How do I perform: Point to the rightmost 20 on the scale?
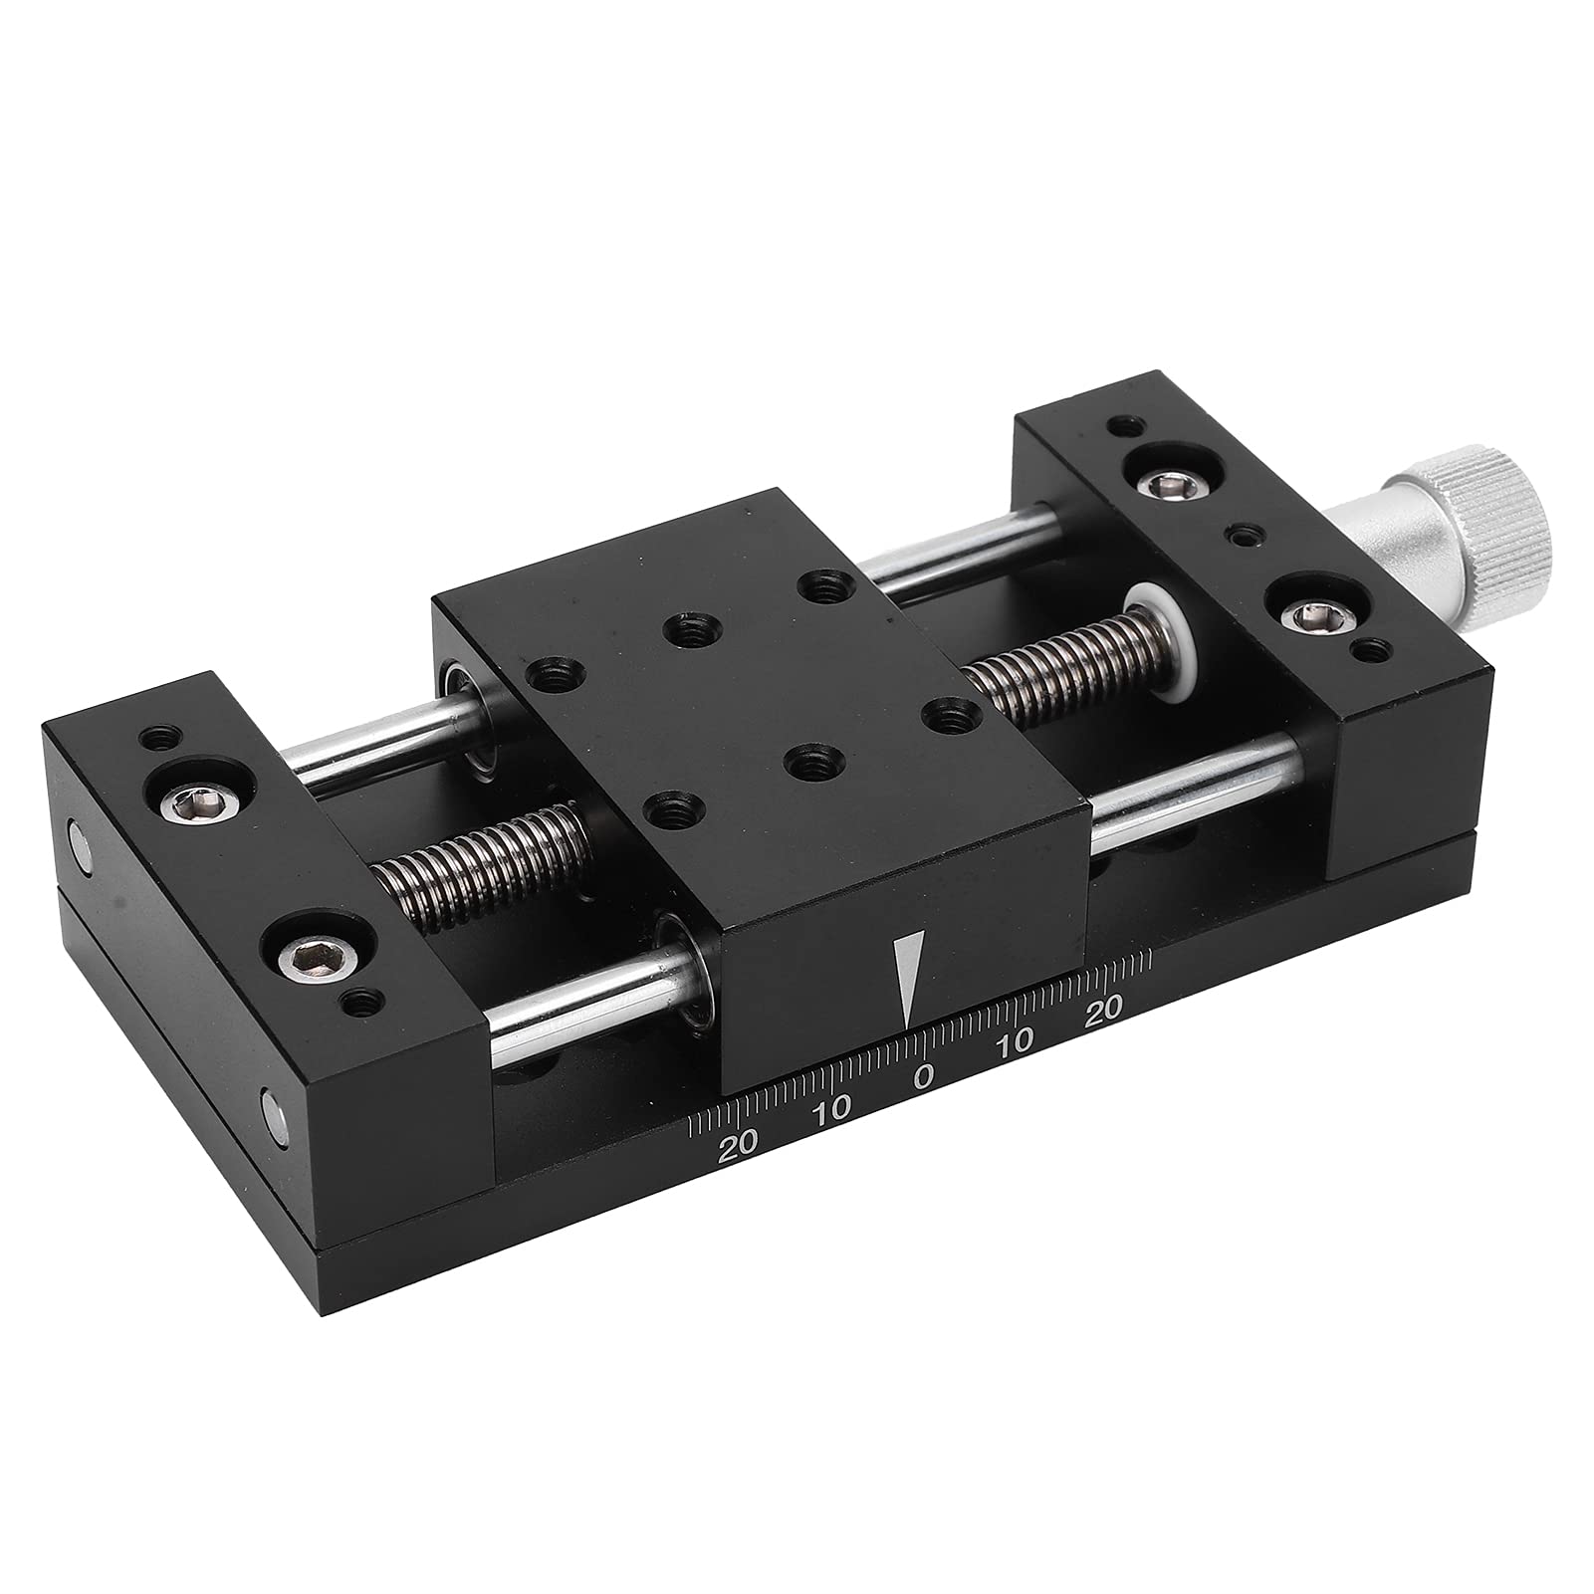tap(1103, 1008)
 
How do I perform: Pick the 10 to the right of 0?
tap(1015, 1043)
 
